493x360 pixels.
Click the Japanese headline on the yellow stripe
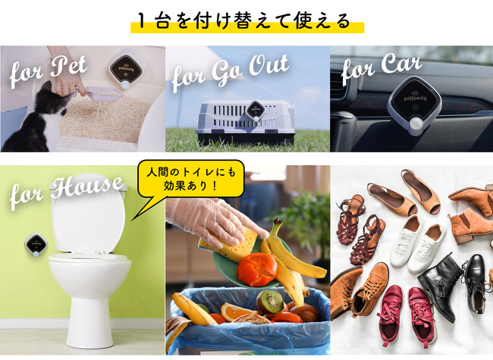click(x=244, y=21)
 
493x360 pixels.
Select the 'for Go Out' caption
click(x=230, y=73)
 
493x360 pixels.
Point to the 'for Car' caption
click(x=381, y=68)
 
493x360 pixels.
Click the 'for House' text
click(x=66, y=192)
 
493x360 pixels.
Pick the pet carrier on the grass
click(x=245, y=122)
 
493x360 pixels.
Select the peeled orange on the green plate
click(x=257, y=269)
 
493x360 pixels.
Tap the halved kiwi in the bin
click(x=270, y=302)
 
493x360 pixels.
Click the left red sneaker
click(x=391, y=311)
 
